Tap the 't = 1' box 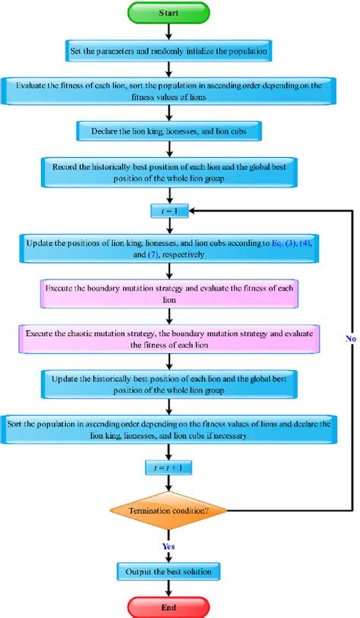(x=169, y=207)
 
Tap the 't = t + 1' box (x=169, y=469)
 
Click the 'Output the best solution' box (x=169, y=569)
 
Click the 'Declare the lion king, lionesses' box (x=169, y=130)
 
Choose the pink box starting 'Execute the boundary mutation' (x=169, y=295)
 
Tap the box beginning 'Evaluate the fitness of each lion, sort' (x=169, y=91)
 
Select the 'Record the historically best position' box (x=169, y=172)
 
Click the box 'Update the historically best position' (x=169, y=383)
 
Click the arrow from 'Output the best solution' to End (x=169, y=587)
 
